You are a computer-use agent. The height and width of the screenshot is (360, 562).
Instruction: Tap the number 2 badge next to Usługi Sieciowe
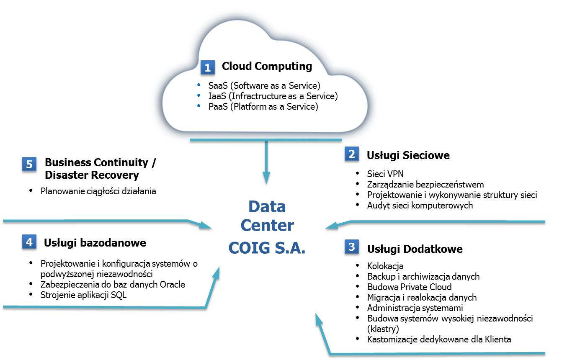352,154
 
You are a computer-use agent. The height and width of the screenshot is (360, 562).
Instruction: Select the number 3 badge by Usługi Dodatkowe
352,247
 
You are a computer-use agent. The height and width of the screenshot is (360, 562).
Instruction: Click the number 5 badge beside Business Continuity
29,164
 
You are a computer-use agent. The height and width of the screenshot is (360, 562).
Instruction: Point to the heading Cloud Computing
267,66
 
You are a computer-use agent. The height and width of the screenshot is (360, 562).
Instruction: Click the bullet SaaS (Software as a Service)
264,86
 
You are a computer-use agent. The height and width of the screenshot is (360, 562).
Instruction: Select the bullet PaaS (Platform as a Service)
263,107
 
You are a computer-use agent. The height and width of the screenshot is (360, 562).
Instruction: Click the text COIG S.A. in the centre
267,248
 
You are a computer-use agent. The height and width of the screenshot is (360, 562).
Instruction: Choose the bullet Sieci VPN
385,174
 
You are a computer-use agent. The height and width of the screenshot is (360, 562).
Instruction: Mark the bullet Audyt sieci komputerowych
420,205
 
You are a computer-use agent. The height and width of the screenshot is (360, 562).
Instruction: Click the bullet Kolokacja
385,266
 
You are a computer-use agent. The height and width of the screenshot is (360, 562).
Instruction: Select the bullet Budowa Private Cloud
409,287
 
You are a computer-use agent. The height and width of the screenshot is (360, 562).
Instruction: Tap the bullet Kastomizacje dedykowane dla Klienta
439,339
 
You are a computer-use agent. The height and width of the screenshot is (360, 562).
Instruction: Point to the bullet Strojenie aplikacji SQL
83,295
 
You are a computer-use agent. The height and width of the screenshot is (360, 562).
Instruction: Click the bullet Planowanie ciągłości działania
98,191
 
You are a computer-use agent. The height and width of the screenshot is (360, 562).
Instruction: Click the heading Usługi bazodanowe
95,243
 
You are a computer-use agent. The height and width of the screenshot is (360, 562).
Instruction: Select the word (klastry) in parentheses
383,329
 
